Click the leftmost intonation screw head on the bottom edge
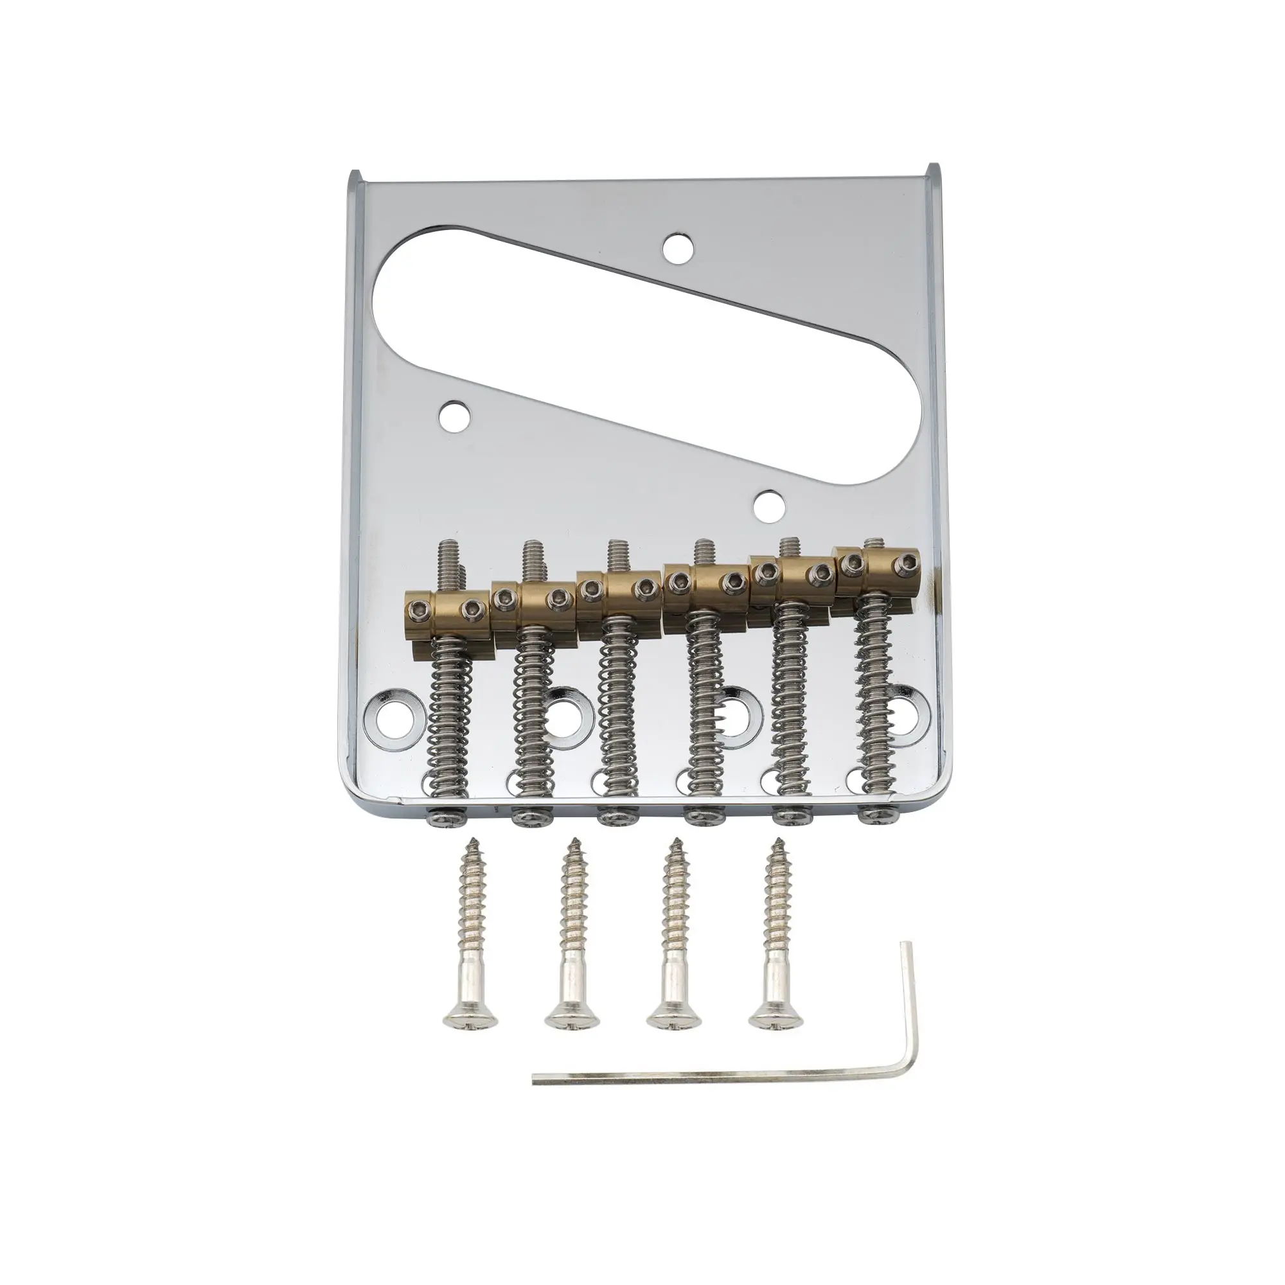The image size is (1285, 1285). (x=440, y=816)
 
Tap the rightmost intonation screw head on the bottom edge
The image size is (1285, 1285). (x=876, y=813)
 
